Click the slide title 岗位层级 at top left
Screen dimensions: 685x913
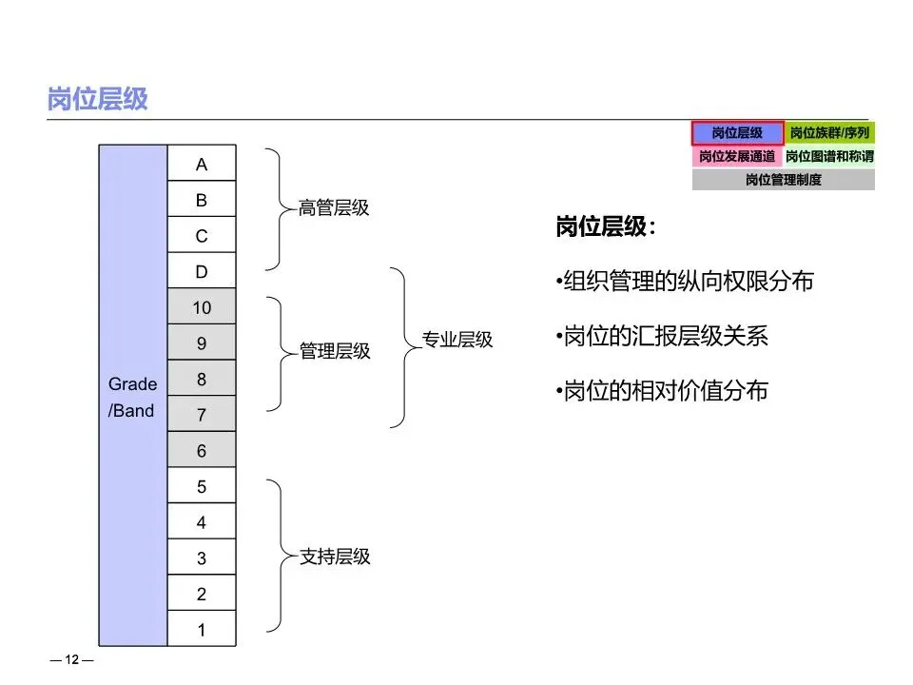(98, 99)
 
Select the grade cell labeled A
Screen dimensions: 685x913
(202, 165)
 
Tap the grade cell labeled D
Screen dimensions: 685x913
(202, 272)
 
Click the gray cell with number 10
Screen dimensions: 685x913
(202, 307)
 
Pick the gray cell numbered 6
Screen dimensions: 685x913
(202, 451)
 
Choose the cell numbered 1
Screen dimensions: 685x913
(202, 630)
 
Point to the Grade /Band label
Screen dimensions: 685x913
(132, 398)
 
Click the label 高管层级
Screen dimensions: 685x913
(334, 207)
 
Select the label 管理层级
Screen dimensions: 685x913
(335, 351)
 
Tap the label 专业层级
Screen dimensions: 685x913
(457, 340)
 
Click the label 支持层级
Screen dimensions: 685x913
(335, 557)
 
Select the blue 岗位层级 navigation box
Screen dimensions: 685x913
(737, 133)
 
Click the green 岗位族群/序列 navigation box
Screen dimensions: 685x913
(829, 133)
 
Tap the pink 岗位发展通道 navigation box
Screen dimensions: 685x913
(737, 156)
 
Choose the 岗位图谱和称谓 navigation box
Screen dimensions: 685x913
(829, 156)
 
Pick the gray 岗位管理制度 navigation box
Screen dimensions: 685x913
(783, 179)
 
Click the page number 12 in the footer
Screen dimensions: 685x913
(71, 661)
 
